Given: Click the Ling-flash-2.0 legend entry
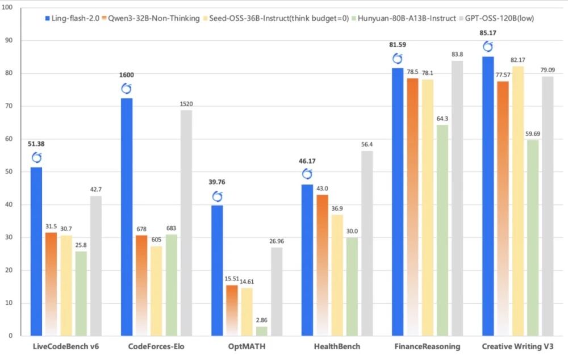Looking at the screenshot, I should coord(70,18).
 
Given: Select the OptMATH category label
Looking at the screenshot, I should coord(246,346).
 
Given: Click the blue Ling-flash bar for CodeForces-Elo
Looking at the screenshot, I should coord(127,216).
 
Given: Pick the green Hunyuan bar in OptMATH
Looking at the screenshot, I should coord(262,330).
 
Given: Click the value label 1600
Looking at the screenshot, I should coord(127,75).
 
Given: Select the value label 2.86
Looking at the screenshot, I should coord(262,320).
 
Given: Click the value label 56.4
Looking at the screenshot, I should coord(367,145).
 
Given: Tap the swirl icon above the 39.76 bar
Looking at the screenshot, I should coord(217,196).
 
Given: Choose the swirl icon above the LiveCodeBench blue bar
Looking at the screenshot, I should coord(36,158).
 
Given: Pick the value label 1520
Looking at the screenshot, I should coord(186,104).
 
